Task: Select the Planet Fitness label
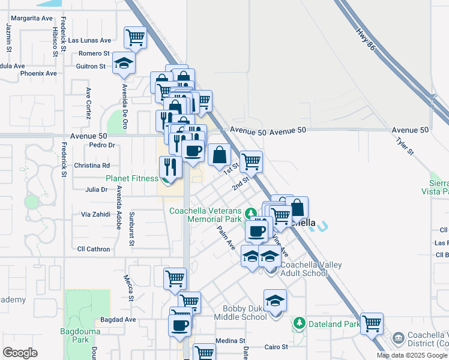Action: (x=132, y=178)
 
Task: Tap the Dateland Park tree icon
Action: (x=299, y=324)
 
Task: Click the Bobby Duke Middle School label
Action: (x=244, y=313)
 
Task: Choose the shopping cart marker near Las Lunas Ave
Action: (x=135, y=37)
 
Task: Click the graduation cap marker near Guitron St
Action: (x=124, y=63)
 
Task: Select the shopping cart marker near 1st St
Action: (x=251, y=161)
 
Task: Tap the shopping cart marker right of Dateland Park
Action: (x=372, y=324)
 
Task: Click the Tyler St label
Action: (x=405, y=145)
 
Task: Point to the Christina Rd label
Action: (x=92, y=165)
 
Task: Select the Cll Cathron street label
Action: (x=94, y=249)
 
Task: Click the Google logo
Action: (x=20, y=353)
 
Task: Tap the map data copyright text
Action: (x=412, y=355)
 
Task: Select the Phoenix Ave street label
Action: (x=38, y=73)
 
